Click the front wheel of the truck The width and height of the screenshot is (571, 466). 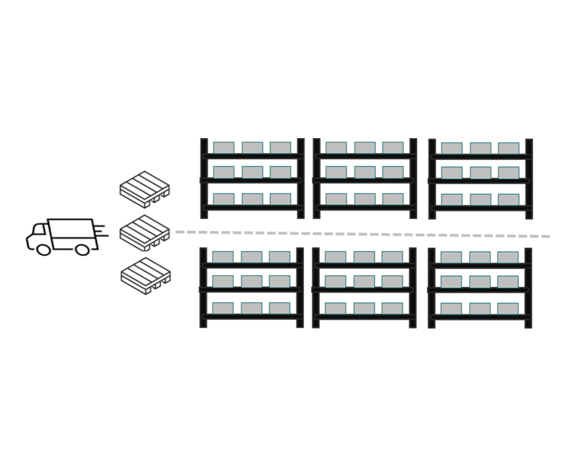(x=43, y=249)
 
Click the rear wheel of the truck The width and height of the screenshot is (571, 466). (x=82, y=249)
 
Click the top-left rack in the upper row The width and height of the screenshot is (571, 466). (x=252, y=179)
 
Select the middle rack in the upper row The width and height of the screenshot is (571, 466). (x=364, y=179)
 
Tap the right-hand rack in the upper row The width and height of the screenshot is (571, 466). (x=479, y=179)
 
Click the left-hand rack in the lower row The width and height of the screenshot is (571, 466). (x=252, y=288)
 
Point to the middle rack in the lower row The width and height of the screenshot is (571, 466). (x=364, y=288)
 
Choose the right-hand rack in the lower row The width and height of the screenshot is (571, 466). (x=479, y=288)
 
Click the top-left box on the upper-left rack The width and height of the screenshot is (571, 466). (x=223, y=147)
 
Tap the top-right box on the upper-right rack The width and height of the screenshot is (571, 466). (x=508, y=147)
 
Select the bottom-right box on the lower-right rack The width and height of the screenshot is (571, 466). (x=508, y=308)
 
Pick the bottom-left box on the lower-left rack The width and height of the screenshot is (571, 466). (x=223, y=308)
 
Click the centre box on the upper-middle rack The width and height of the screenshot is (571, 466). (x=364, y=173)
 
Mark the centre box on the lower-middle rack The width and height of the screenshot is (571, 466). (x=364, y=282)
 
